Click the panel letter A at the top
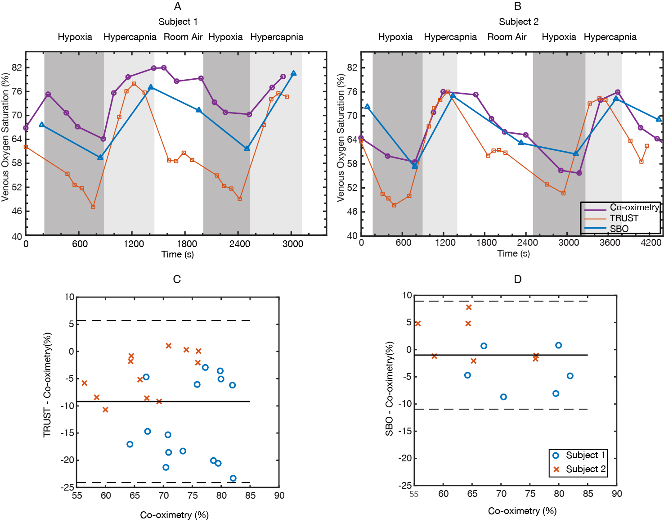tap(178, 6)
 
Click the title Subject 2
tap(518, 22)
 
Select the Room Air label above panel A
tap(183, 37)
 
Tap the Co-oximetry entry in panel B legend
tap(634, 207)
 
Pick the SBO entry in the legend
tap(619, 229)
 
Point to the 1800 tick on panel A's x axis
tap(187, 244)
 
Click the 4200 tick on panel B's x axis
tap(651, 243)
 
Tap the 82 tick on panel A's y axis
tap(17, 68)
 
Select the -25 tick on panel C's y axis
tap(69, 487)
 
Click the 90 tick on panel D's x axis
tap(617, 494)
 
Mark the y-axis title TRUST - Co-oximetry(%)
tap(47, 385)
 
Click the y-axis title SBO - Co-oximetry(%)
tap(389, 388)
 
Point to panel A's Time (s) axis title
tap(178, 254)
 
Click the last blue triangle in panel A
tap(293, 73)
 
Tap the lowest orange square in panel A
tap(93, 207)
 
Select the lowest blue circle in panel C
tap(233, 478)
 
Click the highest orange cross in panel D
tap(469, 307)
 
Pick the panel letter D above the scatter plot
tap(517, 280)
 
